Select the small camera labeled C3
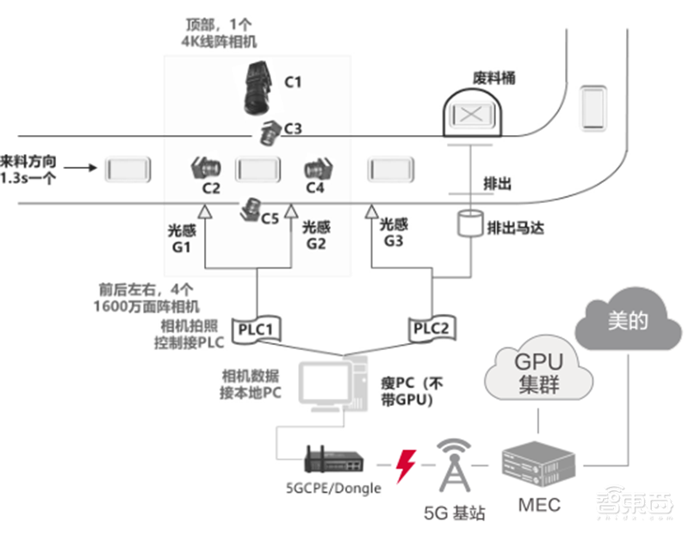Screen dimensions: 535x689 (271, 132)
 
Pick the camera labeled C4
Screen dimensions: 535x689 (317, 167)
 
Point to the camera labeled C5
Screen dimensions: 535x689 (251, 209)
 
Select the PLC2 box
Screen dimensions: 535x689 (431, 327)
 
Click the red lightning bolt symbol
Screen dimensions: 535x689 (403, 465)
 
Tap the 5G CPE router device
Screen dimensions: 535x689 (332, 461)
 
